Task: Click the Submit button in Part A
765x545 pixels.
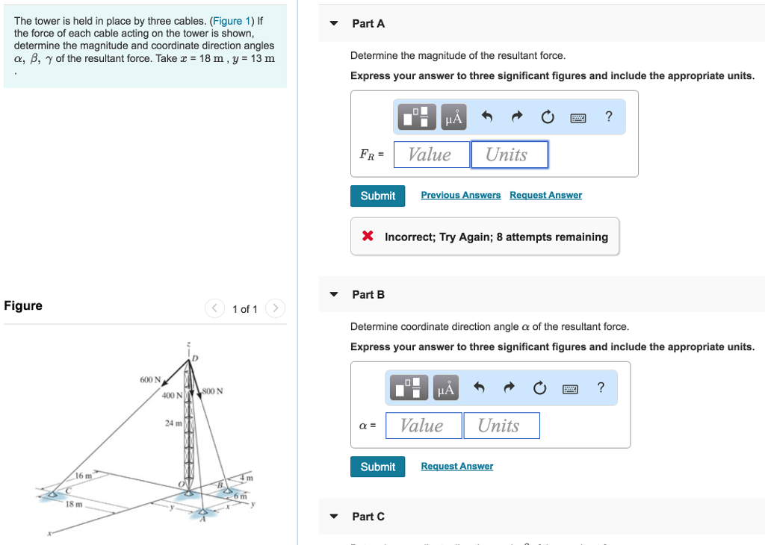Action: pyautogui.click(x=377, y=196)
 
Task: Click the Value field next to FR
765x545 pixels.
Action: pyautogui.click(x=432, y=155)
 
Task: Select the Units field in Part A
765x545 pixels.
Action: pyautogui.click(x=509, y=155)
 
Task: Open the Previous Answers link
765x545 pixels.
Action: pyautogui.click(x=460, y=195)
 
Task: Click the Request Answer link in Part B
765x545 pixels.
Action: pyautogui.click(x=456, y=466)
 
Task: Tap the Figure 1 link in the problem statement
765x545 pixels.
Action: pyautogui.click(x=233, y=21)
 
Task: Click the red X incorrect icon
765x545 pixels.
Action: pyautogui.click(x=368, y=237)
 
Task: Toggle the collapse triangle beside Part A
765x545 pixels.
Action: pyautogui.click(x=334, y=23)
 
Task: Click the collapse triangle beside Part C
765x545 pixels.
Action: pyautogui.click(x=334, y=517)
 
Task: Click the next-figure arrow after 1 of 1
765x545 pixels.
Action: pyautogui.click(x=275, y=308)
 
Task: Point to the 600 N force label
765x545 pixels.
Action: pyautogui.click(x=149, y=380)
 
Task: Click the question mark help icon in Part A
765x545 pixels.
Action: pyautogui.click(x=608, y=116)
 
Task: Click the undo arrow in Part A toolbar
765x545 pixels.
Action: pyautogui.click(x=487, y=117)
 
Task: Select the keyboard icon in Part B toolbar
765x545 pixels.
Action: pyautogui.click(x=570, y=388)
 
